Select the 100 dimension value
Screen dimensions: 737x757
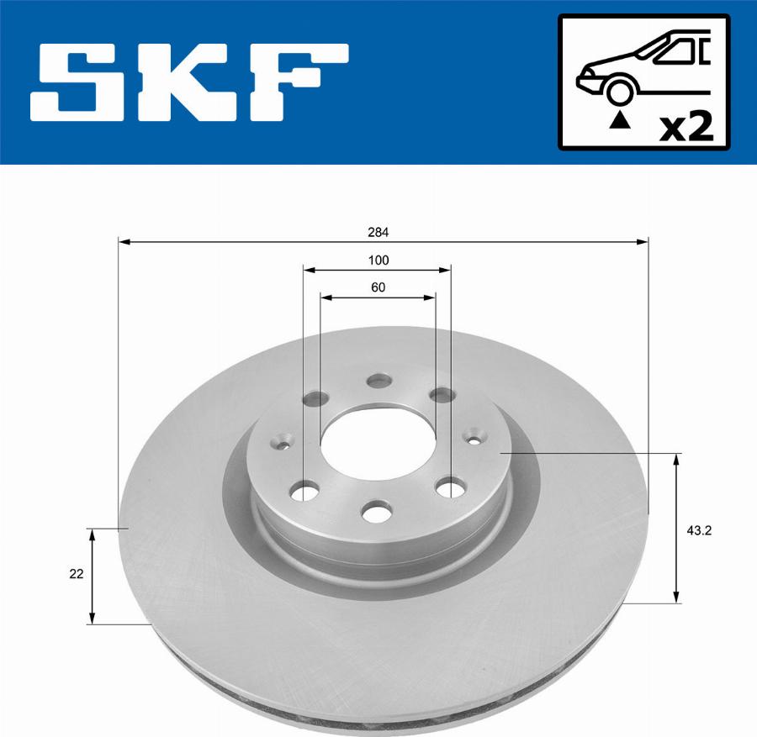pos(378,261)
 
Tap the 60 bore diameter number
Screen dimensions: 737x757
pos(378,287)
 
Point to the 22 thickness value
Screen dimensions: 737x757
pos(77,575)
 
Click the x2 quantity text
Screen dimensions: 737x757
pos(686,127)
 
